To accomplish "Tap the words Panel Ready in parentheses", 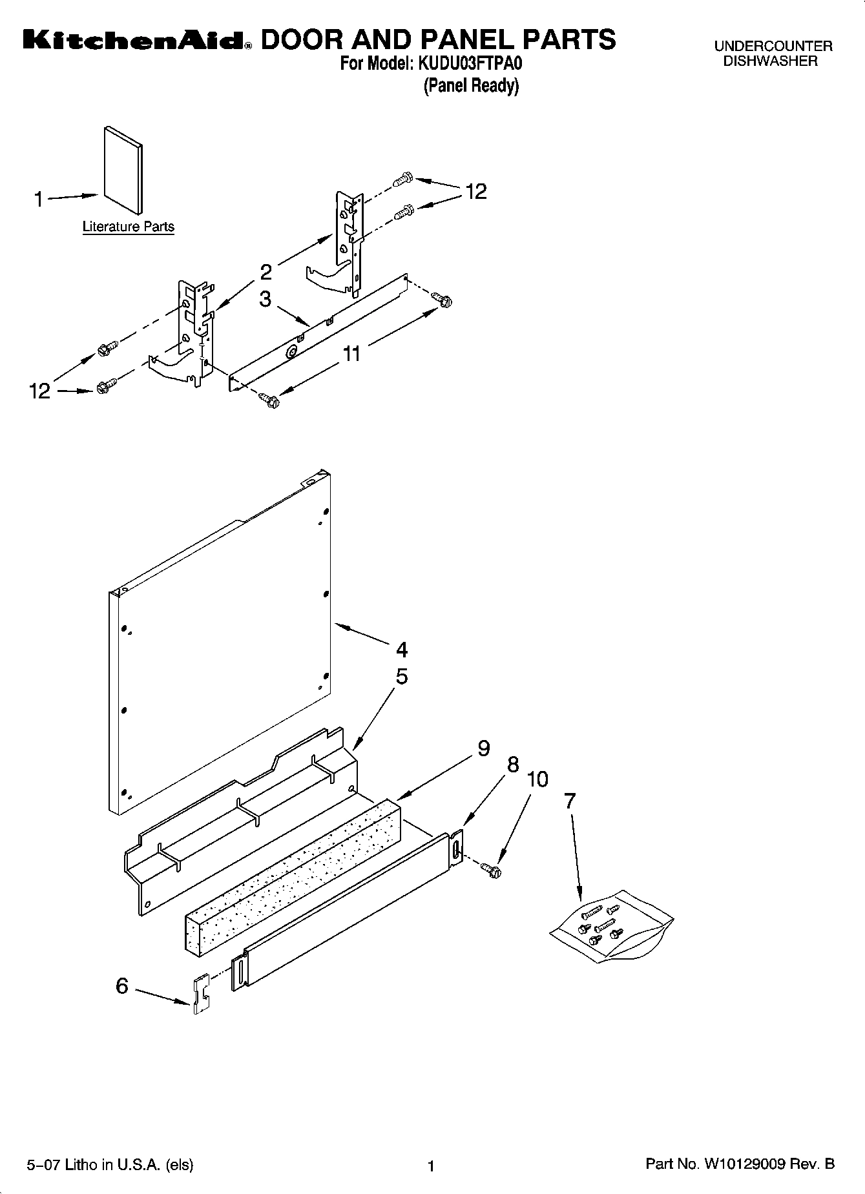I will tap(471, 85).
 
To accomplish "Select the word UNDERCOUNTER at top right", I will tap(773, 46).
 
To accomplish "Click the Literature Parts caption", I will tap(128, 227).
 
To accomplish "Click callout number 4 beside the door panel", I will tap(401, 648).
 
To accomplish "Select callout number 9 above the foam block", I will tap(483, 748).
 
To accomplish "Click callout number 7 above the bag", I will tap(569, 801).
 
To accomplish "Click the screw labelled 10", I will tap(494, 872).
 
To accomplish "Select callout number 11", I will tap(351, 353).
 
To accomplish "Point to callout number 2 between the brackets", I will tap(266, 272).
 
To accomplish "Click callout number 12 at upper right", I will tap(475, 192).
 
